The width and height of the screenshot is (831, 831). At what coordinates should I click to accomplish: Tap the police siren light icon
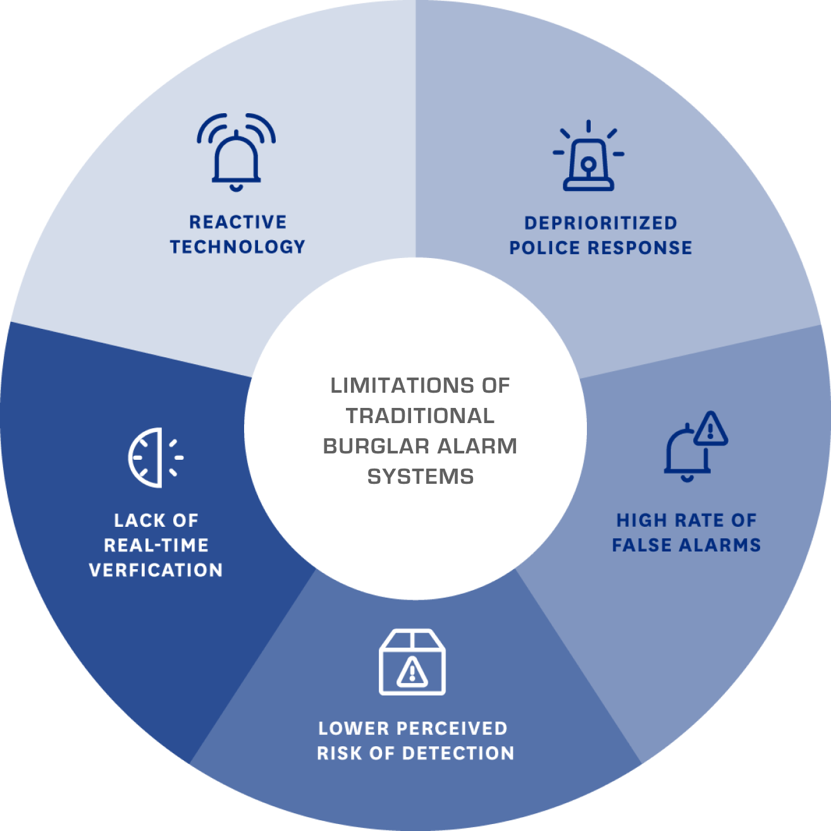(588, 157)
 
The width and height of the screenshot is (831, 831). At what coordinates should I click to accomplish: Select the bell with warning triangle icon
(694, 446)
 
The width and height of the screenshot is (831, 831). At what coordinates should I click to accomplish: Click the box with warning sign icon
(412, 662)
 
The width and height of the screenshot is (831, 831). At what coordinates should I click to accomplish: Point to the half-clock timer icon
(154, 457)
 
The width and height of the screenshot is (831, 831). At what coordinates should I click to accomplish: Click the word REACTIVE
(238, 222)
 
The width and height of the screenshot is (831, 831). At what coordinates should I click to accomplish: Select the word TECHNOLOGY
(238, 247)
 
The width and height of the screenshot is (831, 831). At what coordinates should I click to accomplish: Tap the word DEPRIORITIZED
(601, 223)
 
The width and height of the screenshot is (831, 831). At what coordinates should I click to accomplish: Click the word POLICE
(545, 248)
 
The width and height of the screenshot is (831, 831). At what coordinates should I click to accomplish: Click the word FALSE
(644, 545)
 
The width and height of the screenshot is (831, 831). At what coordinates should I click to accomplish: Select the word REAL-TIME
(156, 545)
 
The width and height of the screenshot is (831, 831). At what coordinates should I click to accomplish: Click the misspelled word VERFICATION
(156, 570)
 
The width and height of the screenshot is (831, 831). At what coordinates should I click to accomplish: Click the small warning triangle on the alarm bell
(711, 430)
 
